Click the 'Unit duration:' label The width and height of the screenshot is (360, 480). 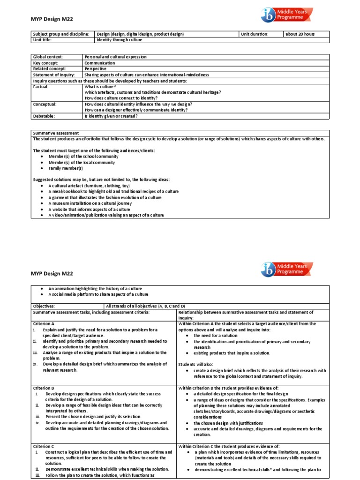click(x=255, y=34)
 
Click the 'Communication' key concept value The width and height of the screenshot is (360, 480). click(x=99, y=63)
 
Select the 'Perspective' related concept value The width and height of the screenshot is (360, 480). click(x=97, y=69)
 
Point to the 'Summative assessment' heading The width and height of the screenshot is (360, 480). click(x=56, y=133)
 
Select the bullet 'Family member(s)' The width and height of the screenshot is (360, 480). click(x=65, y=168)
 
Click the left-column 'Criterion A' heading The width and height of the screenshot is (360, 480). click(x=44, y=323)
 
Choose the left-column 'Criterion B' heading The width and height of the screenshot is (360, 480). click(x=44, y=388)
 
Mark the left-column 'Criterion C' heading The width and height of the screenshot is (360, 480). click(x=44, y=446)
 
